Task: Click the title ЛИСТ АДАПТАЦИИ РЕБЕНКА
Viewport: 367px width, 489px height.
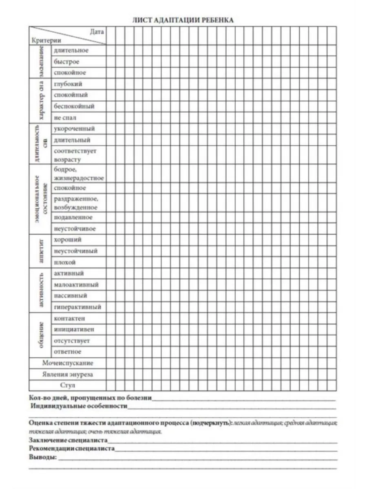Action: [183, 20]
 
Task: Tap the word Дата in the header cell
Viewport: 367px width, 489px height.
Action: [97, 31]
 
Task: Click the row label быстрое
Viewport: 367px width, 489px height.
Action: [66, 62]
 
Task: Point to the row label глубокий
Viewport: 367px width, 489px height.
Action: [68, 84]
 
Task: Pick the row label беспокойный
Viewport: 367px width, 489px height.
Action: [74, 106]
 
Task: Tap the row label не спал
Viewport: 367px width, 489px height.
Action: [65, 118]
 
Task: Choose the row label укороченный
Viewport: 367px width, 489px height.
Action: [74, 129]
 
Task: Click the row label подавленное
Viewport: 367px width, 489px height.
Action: [73, 218]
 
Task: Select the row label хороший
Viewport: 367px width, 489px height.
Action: [68, 240]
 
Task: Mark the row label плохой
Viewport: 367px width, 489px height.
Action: [65, 262]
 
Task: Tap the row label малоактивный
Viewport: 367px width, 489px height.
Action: [76, 284]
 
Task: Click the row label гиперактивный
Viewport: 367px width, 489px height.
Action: [77, 307]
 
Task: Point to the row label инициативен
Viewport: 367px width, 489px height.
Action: [74, 329]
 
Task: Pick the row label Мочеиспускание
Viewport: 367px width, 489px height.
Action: [68, 363]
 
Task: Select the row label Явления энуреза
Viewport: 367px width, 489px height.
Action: [68, 374]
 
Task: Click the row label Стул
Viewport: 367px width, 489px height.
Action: [68, 385]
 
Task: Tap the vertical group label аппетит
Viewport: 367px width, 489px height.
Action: [41, 251]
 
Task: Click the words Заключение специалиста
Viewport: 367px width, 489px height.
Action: [69, 441]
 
